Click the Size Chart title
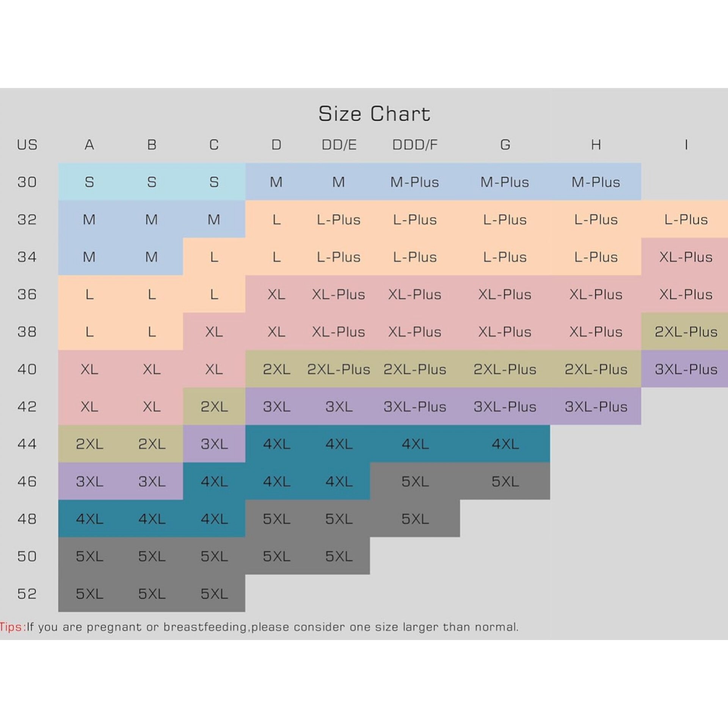tap(374, 114)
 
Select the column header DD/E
tap(339, 145)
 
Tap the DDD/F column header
tap(415, 145)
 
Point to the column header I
tap(686, 145)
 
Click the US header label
tap(27, 145)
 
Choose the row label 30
tap(27, 182)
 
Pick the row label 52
tap(27, 594)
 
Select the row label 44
tap(27, 444)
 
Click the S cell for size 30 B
tap(152, 182)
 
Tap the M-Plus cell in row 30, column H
tap(596, 182)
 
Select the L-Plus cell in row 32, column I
tap(686, 220)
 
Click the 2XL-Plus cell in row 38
tap(686, 332)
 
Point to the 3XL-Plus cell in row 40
tap(686, 369)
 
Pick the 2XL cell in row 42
tap(214, 407)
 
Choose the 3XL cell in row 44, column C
tap(214, 444)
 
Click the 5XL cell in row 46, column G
tap(505, 482)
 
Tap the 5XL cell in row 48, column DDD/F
tap(415, 519)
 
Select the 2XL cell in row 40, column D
tap(276, 369)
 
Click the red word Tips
tap(11, 627)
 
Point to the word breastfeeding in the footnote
tap(205, 627)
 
